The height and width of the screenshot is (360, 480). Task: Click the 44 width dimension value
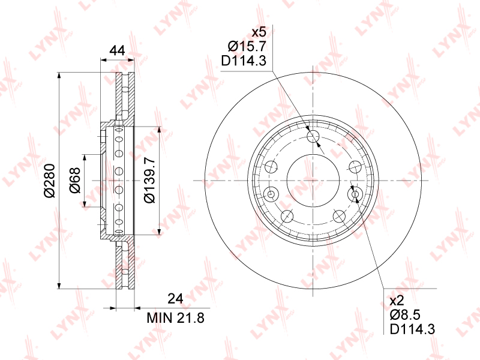[x=117, y=50]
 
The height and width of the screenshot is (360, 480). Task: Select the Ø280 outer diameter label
[x=50, y=181]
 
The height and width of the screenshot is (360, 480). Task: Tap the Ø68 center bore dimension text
[x=74, y=181]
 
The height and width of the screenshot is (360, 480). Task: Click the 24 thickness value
[x=175, y=298]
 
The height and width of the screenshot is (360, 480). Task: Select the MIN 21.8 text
[x=175, y=318]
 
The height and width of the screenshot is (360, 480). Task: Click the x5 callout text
[x=259, y=32]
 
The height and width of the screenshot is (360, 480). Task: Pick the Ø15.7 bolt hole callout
[x=247, y=46]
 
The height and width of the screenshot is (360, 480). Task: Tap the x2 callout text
[x=397, y=301]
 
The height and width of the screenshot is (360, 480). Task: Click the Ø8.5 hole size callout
[x=405, y=315]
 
